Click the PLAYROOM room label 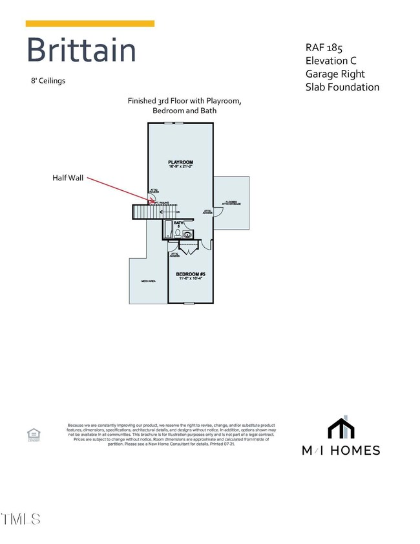pyautogui.click(x=180, y=162)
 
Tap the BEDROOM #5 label pyautogui.click(x=191, y=274)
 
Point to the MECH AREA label pyautogui.click(x=148, y=281)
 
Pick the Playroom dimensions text pyautogui.click(x=180, y=168)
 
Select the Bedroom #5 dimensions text pyautogui.click(x=191, y=279)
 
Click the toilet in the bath pyautogui.click(x=187, y=235)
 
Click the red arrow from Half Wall pyautogui.click(x=120, y=190)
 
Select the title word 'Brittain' pyautogui.click(x=81, y=50)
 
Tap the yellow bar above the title pyautogui.click(x=90, y=24)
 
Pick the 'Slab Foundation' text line pyautogui.click(x=342, y=87)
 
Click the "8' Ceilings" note pyautogui.click(x=48, y=81)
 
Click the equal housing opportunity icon pyautogui.click(x=33, y=434)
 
